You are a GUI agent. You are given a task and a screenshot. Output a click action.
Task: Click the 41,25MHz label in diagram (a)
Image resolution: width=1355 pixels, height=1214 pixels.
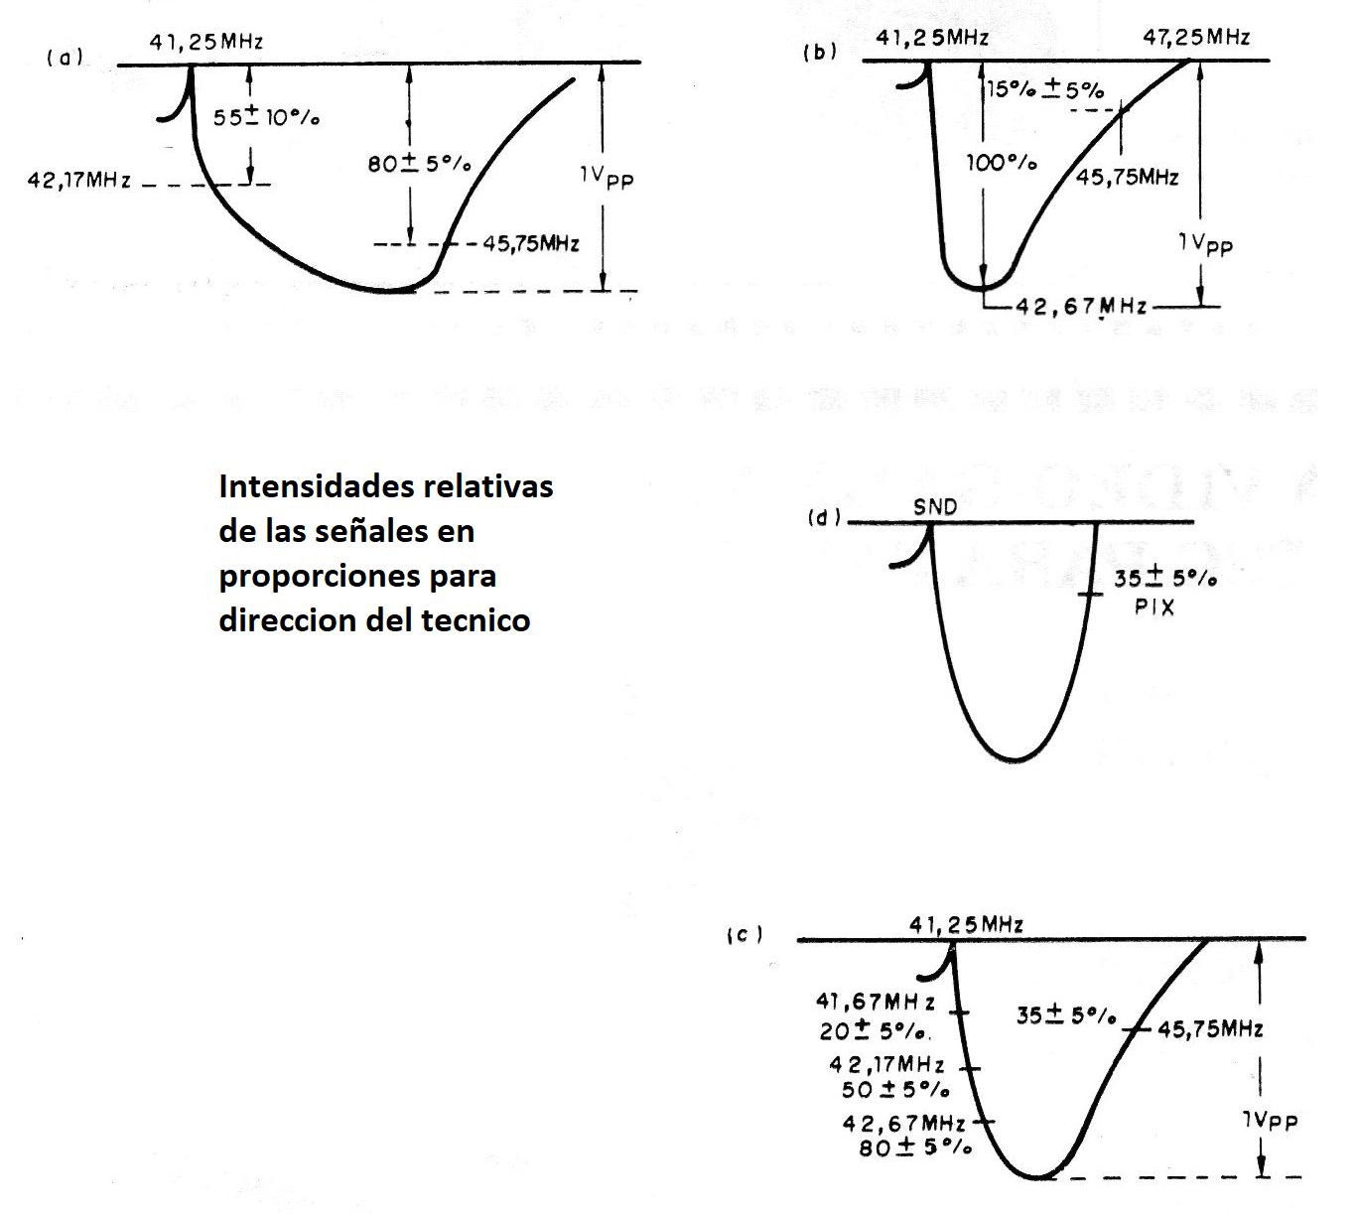[206, 42]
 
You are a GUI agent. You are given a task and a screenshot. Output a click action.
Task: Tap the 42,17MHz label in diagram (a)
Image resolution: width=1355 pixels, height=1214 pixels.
[79, 181]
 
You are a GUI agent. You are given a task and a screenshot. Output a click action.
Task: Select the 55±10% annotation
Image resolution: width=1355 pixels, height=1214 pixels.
[266, 117]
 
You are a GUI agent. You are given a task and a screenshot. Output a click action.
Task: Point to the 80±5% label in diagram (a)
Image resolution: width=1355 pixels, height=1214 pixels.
[419, 163]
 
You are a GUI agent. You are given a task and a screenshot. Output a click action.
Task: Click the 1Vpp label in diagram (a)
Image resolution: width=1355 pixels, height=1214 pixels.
[607, 177]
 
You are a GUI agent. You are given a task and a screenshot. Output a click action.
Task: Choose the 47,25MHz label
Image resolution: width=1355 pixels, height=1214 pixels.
[1196, 38]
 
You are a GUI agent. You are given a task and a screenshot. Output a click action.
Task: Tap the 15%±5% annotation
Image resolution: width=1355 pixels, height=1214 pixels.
[1045, 89]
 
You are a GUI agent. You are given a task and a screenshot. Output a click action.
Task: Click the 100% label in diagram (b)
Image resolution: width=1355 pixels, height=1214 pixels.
[1002, 162]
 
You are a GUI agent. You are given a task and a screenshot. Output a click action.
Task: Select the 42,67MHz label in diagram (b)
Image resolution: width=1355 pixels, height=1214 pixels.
[1081, 307]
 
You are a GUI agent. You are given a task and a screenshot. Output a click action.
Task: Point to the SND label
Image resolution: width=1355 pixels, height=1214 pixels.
[935, 507]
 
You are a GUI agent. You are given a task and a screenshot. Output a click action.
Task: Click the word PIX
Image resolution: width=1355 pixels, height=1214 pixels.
[1154, 607]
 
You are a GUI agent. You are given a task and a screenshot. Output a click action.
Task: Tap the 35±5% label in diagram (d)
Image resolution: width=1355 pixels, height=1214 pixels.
[1164, 578]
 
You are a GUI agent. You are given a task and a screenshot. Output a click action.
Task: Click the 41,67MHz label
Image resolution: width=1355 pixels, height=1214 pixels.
[876, 1002]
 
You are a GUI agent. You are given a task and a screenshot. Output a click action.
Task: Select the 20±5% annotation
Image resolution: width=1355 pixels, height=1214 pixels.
[875, 1030]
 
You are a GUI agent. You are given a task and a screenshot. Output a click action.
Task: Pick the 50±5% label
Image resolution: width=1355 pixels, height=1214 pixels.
[895, 1089]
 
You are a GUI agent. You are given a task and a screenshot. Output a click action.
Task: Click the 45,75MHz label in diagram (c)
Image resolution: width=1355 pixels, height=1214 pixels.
[1210, 1029]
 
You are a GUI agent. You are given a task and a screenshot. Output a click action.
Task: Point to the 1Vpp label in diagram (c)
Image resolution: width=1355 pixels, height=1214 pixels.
[1270, 1120]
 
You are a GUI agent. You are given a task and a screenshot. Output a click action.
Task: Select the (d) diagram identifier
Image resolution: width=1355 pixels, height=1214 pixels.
[824, 517]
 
